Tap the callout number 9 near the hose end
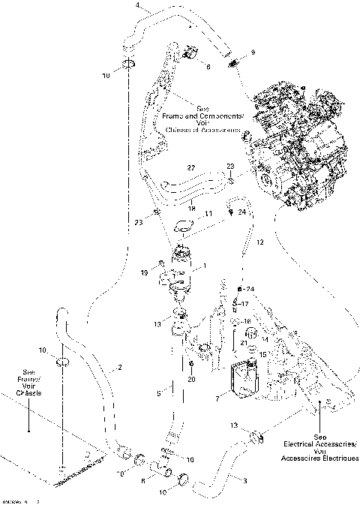(x=253, y=52)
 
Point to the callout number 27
(x=170, y=167)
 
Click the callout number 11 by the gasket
(x=209, y=214)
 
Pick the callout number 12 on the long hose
(x=260, y=242)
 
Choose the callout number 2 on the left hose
(x=119, y=368)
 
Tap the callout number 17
(x=244, y=304)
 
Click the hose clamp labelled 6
(x=187, y=54)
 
